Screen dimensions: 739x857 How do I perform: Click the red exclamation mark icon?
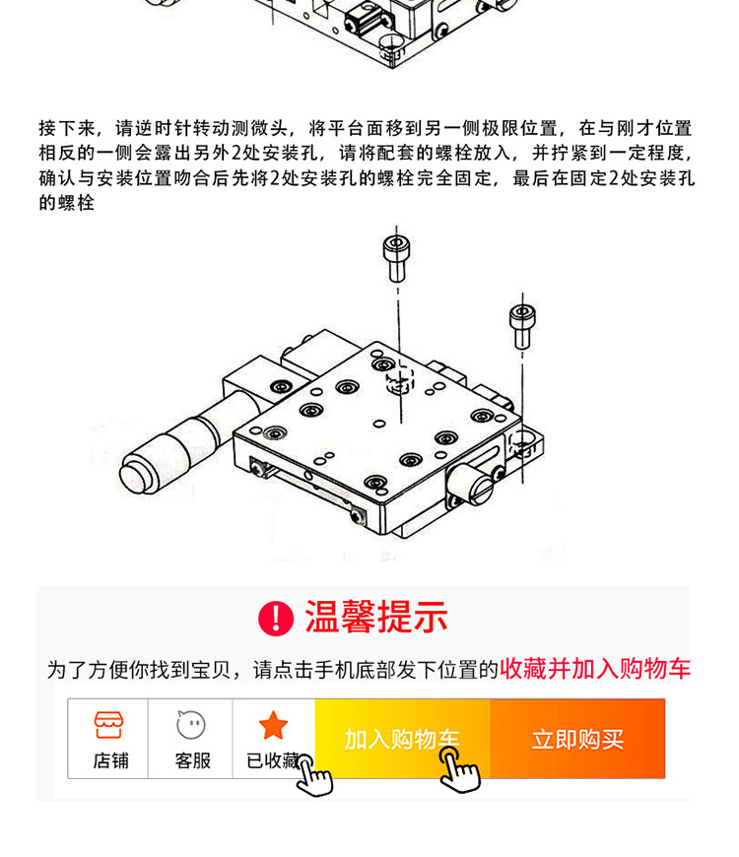(x=276, y=619)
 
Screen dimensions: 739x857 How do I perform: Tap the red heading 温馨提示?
(x=376, y=617)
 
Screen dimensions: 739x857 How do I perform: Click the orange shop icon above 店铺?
(x=108, y=725)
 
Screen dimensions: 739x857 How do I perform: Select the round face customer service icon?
(x=191, y=725)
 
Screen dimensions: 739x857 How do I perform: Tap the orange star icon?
(x=273, y=725)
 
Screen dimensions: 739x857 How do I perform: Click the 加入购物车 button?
(x=402, y=739)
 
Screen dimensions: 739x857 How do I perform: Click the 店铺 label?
(x=111, y=760)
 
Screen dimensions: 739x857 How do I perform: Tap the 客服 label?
(x=193, y=760)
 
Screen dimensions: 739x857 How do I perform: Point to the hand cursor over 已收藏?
(x=313, y=774)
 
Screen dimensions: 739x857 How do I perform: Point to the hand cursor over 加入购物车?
(x=460, y=769)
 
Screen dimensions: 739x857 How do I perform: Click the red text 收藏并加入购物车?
(x=595, y=669)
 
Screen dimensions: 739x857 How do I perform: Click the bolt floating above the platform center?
(x=396, y=258)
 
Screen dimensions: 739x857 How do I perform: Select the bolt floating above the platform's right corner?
(x=522, y=326)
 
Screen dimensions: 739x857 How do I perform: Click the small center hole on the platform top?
(x=378, y=423)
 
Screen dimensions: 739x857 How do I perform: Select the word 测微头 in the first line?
(x=259, y=128)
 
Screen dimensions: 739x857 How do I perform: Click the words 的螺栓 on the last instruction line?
(x=67, y=203)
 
